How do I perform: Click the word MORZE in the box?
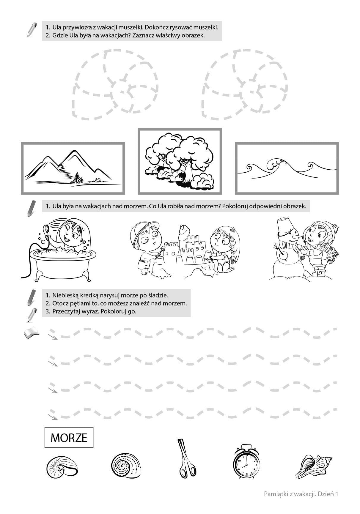[x=69, y=438]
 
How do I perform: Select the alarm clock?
[x=246, y=461]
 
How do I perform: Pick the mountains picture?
[x=73, y=168]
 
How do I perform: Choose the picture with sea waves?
[x=287, y=168]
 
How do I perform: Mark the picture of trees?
[x=180, y=161]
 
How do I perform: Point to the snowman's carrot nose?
[x=297, y=236]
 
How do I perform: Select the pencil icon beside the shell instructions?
[x=32, y=30]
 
